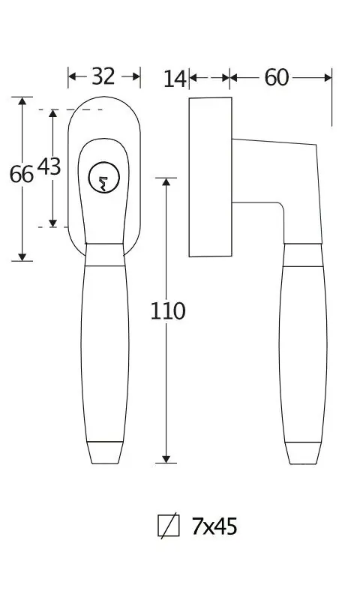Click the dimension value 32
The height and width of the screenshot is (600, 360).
pyautogui.click(x=103, y=76)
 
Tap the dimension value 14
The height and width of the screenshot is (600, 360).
pyautogui.click(x=175, y=79)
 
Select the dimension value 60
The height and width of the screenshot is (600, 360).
pyautogui.click(x=277, y=78)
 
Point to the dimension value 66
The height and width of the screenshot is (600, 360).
pyautogui.click(x=22, y=175)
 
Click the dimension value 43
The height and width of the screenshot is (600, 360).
pyautogui.click(x=49, y=166)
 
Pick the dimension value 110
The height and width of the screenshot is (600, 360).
pyautogui.click(x=167, y=310)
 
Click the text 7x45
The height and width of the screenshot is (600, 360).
pyautogui.click(x=214, y=526)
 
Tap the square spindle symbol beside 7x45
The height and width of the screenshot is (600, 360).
pyautogui.click(x=168, y=526)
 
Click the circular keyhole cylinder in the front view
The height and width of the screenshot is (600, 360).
pyautogui.click(x=104, y=177)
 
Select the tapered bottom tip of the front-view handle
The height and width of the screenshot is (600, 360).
pyautogui.click(x=105, y=453)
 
